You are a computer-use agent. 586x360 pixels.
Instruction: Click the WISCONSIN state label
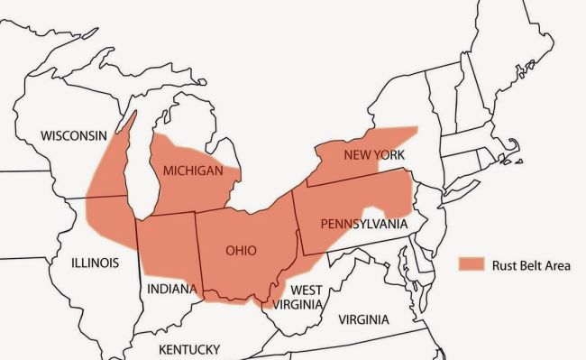tap(74, 135)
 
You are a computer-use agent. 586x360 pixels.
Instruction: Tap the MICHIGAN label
tap(193, 171)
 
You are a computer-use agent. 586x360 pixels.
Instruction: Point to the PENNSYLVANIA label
tap(364, 223)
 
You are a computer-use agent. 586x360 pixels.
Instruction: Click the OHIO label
tap(241, 250)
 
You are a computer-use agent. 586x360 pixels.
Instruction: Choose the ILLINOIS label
tap(95, 263)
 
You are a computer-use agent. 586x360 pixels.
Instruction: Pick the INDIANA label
tap(170, 289)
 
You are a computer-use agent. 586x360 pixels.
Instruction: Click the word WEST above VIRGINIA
tap(307, 290)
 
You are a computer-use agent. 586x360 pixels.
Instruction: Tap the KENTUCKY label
tap(189, 349)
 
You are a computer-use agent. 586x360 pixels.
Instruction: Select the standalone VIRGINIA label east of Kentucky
tap(363, 319)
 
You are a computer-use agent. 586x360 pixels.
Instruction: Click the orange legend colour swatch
tap(472, 264)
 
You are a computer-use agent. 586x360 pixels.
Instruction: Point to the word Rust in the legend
tap(505, 264)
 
